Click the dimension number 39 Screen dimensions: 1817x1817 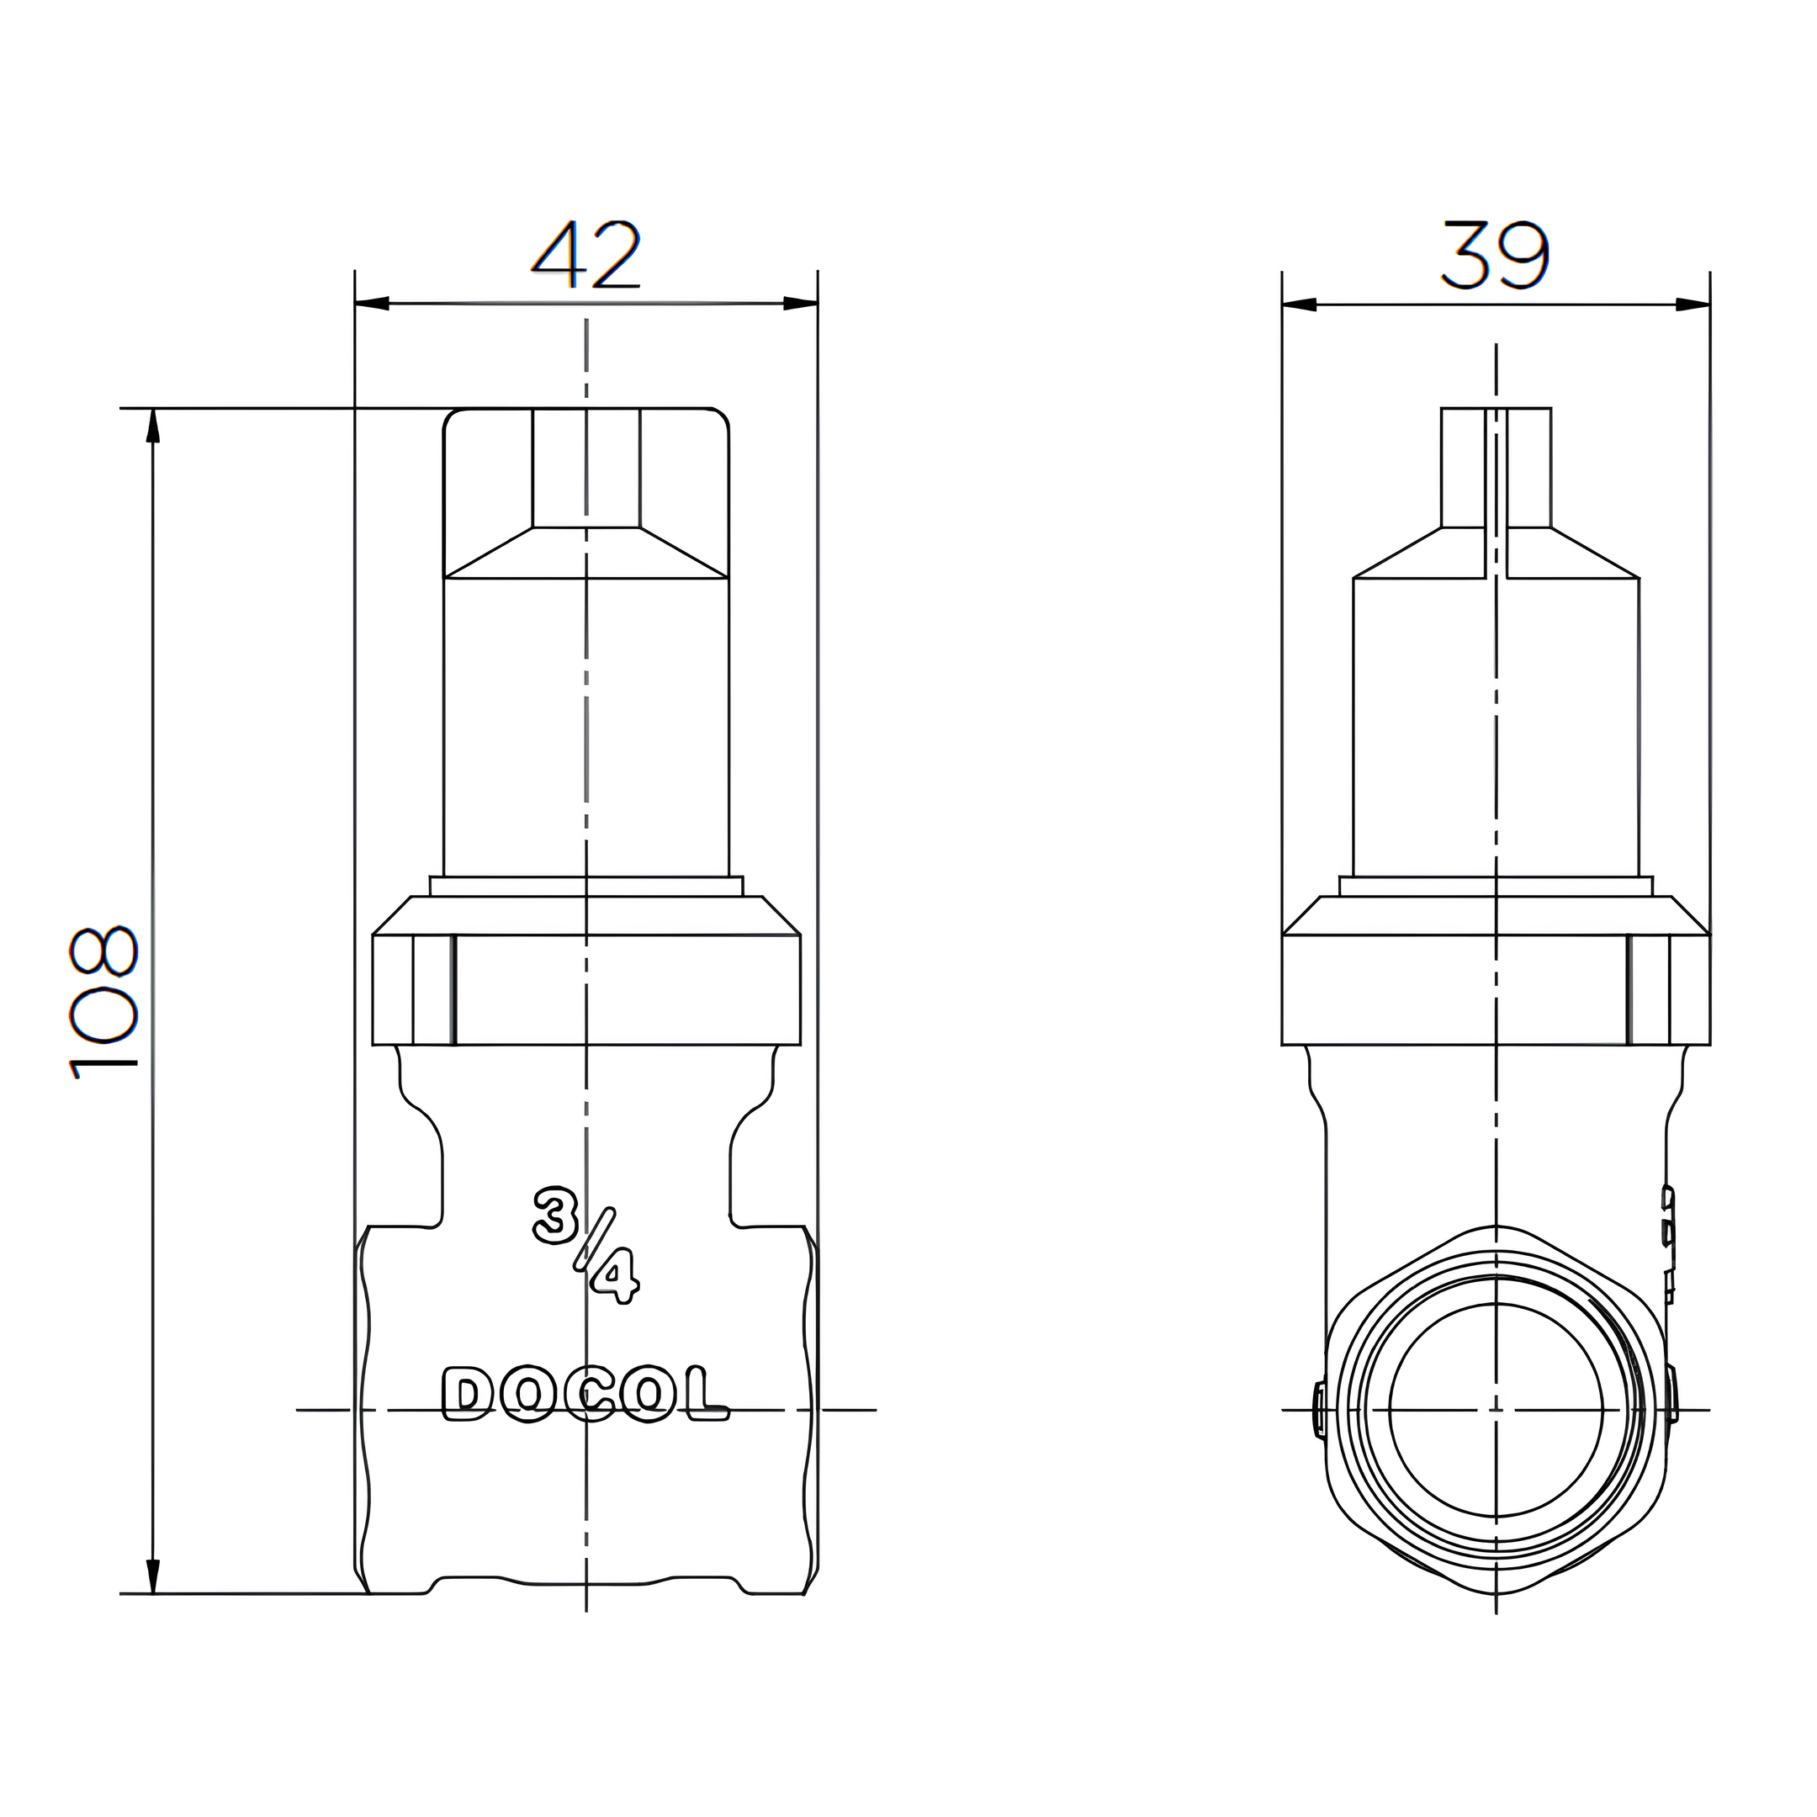coord(1495,255)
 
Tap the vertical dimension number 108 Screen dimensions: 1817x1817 coord(103,1003)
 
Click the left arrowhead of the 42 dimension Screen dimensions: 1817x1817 coord(373,304)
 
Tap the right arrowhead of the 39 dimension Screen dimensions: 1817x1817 coord(1693,305)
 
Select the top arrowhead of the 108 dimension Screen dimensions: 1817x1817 coord(153,425)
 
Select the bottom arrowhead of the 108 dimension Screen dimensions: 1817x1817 coord(153,1577)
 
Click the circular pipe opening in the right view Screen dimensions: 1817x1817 coord(1496,1410)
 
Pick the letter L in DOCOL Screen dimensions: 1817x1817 coord(709,1395)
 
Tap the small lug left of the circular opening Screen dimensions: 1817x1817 coord(1320,1410)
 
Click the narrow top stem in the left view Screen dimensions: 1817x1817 coord(586,468)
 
